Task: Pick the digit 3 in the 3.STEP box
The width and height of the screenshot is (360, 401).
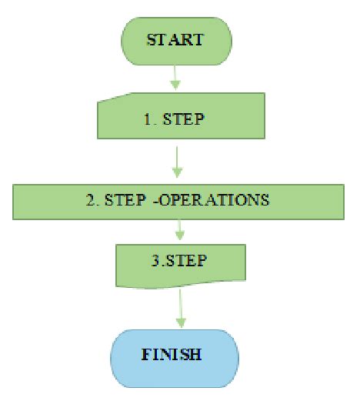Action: point(155,260)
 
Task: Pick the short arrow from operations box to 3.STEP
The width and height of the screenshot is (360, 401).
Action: point(178,229)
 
